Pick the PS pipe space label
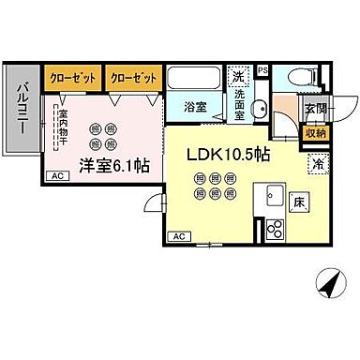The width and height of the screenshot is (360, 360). coord(262,70)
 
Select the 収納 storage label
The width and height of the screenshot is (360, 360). coord(315,134)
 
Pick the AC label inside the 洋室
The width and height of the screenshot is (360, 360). coord(55,175)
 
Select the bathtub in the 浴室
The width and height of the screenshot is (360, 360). coord(195,79)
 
